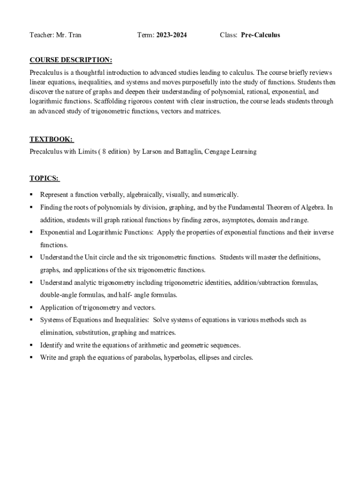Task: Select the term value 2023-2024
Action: click(x=171, y=35)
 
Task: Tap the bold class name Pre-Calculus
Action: click(x=260, y=35)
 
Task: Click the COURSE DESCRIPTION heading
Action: click(x=71, y=60)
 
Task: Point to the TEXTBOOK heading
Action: click(x=51, y=139)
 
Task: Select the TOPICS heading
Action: click(x=44, y=178)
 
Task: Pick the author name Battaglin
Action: click(x=189, y=152)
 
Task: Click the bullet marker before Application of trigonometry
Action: click(x=31, y=308)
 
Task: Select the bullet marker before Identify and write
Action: click(x=31, y=345)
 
